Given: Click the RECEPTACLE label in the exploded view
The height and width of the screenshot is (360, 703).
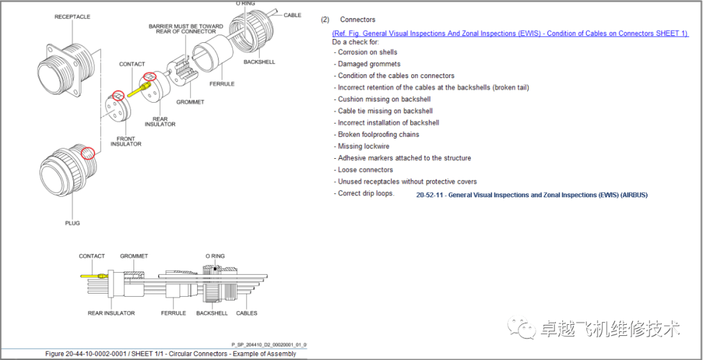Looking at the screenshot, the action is (72, 17).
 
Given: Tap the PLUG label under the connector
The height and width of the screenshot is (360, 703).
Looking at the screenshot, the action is (72, 223).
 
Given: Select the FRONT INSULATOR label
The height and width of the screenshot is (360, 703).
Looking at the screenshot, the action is (126, 141).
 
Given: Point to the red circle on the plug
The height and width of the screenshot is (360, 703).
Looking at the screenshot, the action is (89, 154).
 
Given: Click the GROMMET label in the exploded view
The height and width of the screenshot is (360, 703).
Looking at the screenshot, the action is (190, 102).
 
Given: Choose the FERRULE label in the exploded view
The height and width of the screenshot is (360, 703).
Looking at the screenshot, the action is (222, 84).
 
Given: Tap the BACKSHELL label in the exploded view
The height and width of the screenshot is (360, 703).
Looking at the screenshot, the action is (259, 62).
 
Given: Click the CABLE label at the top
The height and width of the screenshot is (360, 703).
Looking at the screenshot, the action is (292, 15).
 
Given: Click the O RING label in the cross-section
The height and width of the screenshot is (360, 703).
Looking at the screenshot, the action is (215, 256).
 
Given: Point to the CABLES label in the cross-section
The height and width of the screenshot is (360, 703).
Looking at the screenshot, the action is (247, 313).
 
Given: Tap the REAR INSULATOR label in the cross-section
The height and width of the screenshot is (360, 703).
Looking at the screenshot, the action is (111, 313).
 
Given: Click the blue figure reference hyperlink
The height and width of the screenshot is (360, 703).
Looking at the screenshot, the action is (510, 34).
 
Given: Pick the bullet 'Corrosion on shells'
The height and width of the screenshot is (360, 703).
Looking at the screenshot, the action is (365, 52).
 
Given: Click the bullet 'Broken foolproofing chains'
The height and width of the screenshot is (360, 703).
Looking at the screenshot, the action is (377, 135).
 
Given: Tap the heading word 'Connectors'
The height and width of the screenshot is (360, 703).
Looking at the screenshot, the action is (358, 20).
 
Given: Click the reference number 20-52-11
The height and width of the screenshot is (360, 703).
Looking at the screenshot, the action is (430, 195).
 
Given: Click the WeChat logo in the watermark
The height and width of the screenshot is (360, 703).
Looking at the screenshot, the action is (521, 328).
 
